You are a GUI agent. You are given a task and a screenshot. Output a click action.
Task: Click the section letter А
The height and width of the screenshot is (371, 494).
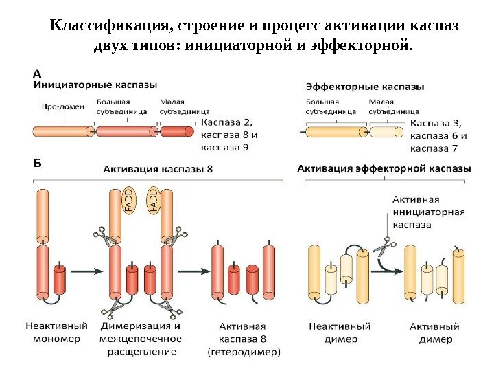click(38, 71)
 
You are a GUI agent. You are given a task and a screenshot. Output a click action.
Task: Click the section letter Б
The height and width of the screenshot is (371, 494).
click(38, 164)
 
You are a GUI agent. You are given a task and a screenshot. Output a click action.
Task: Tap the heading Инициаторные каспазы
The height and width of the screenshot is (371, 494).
click(95, 85)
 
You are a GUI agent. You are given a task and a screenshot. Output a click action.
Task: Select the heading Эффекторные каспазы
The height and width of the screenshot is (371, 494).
click(364, 87)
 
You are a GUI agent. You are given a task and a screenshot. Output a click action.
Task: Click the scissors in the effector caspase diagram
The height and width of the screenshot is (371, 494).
click(385, 245)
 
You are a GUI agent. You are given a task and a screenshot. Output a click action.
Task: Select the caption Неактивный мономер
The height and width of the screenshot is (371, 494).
click(57, 333)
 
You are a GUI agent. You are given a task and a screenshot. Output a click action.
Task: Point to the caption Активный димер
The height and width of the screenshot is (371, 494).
click(435, 333)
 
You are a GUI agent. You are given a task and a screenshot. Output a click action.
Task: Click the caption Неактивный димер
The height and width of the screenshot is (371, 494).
click(339, 333)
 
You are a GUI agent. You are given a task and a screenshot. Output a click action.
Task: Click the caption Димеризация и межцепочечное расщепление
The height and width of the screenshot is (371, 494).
click(141, 339)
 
